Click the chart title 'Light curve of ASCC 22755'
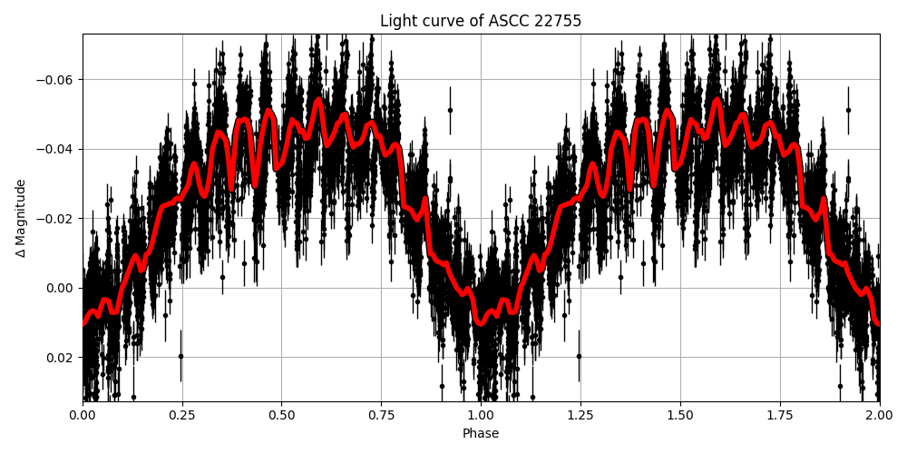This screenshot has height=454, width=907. click(481, 21)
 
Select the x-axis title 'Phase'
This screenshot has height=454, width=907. click(481, 433)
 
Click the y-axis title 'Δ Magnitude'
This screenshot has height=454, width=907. click(21, 218)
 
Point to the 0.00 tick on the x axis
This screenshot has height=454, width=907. click(83, 415)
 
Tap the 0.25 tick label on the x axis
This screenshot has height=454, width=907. click(182, 415)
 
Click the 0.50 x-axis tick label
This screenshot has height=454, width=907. click(281, 415)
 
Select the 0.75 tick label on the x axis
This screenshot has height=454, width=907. click(381, 415)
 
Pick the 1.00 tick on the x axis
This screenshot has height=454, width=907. click(481, 415)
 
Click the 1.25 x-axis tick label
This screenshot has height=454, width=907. click(580, 415)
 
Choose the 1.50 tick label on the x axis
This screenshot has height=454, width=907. click(679, 415)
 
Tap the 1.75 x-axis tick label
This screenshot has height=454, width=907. click(779, 415)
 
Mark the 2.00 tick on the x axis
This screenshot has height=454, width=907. click(879, 415)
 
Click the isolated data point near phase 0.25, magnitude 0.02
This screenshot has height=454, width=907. click(180, 357)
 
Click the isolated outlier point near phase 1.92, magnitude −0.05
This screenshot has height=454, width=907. click(848, 110)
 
